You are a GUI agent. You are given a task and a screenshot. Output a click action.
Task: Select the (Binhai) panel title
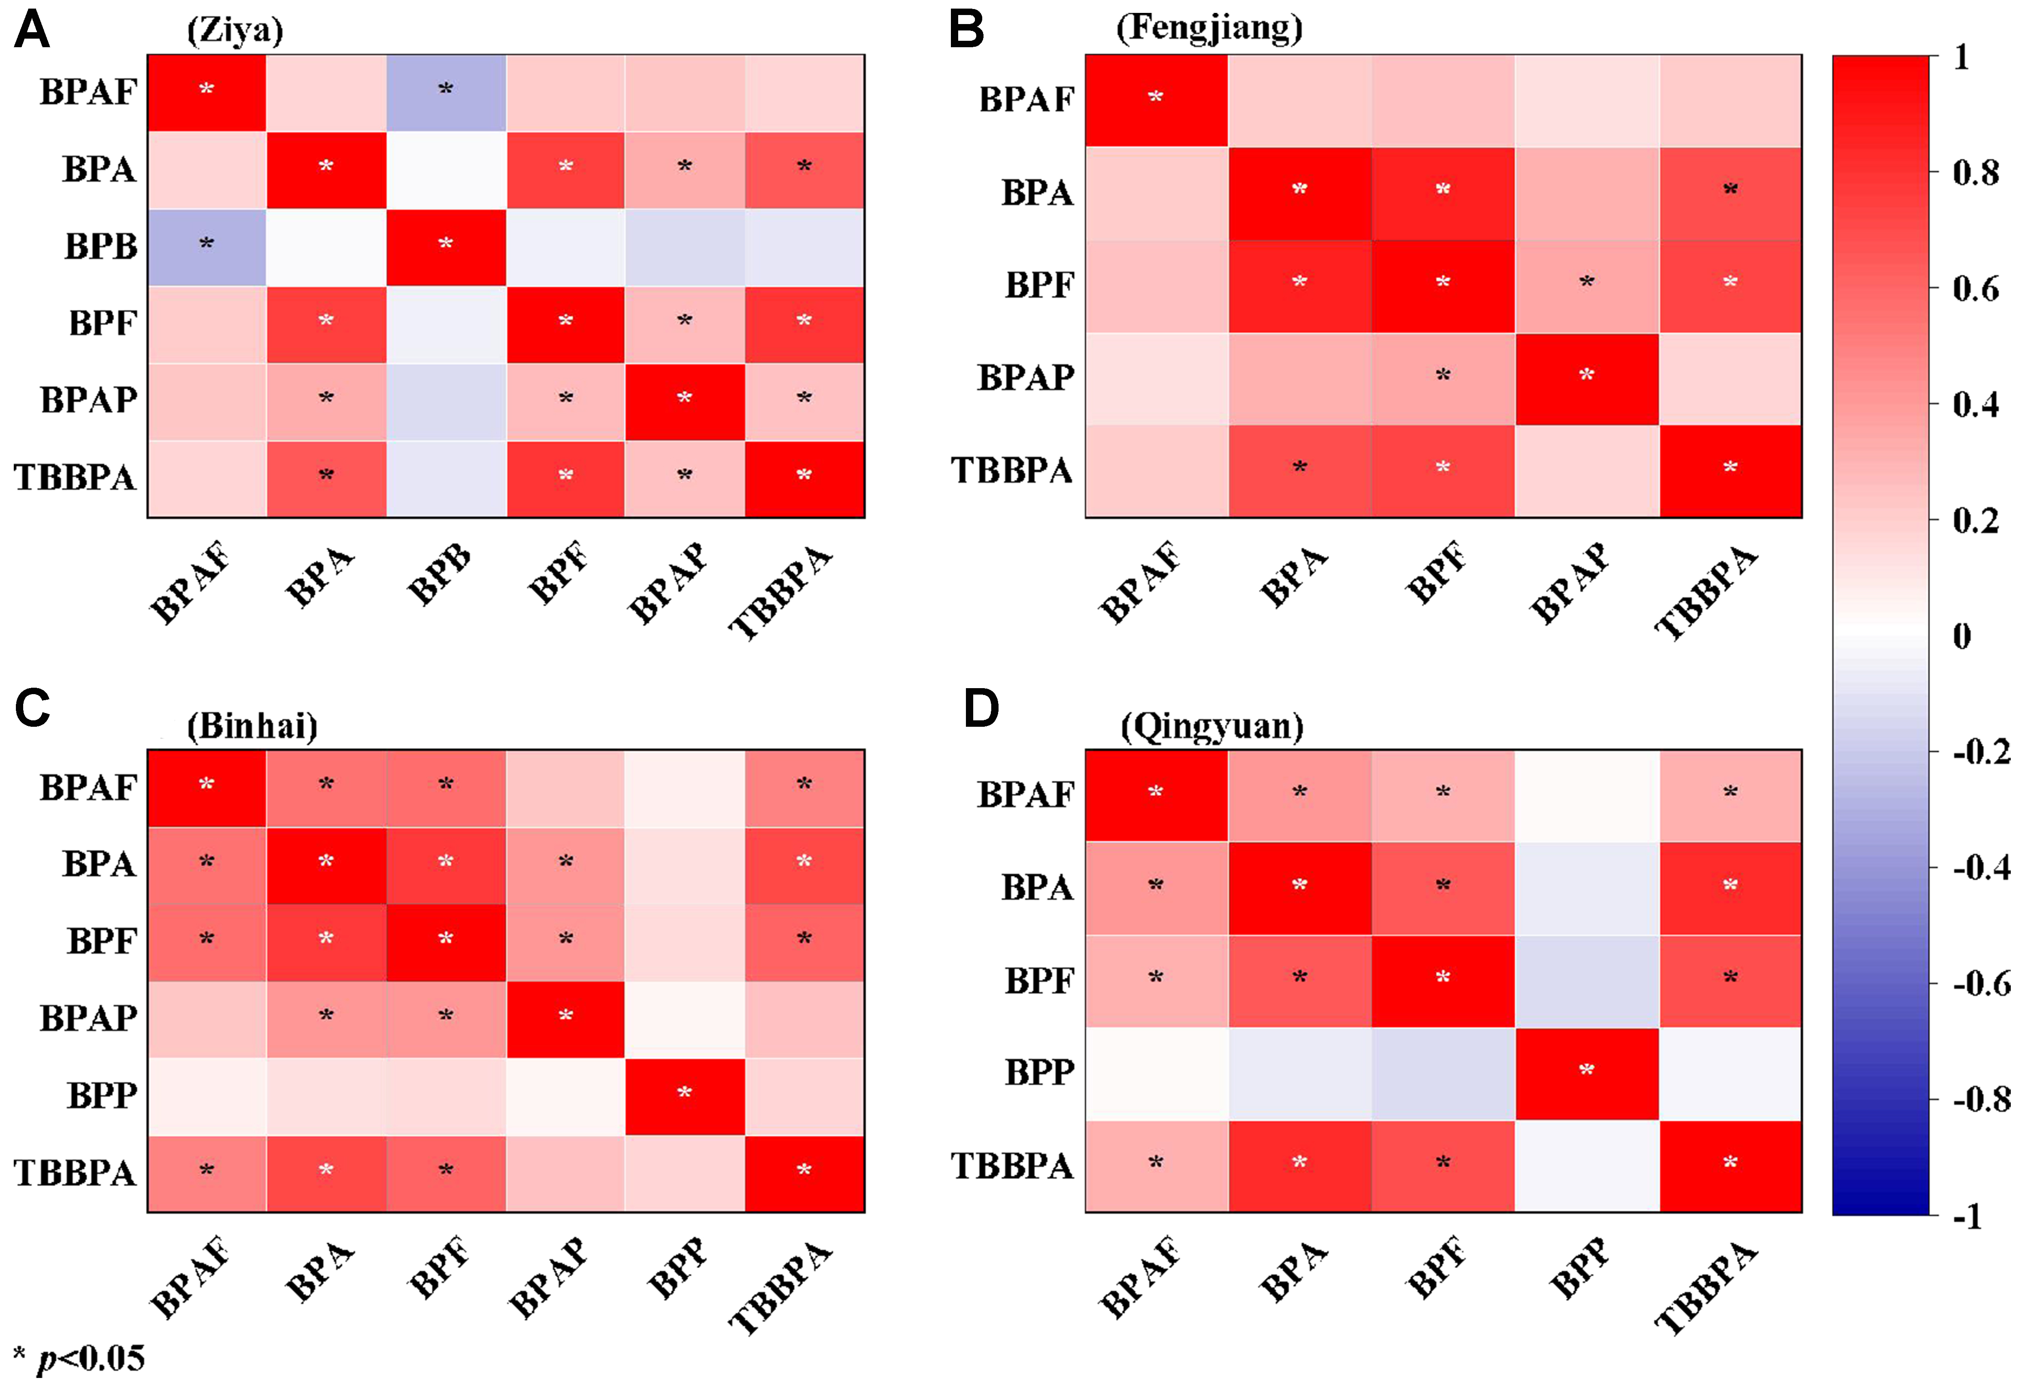[252, 726]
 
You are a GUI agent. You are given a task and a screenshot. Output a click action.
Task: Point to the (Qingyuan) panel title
[1212, 726]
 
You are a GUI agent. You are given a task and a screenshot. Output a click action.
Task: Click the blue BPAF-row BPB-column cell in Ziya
[446, 92]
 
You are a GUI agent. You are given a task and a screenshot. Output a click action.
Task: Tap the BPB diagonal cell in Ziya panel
[446, 247]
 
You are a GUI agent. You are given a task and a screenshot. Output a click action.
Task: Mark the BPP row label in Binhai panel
[102, 1096]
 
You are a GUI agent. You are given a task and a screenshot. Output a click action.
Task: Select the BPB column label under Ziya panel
[439, 576]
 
